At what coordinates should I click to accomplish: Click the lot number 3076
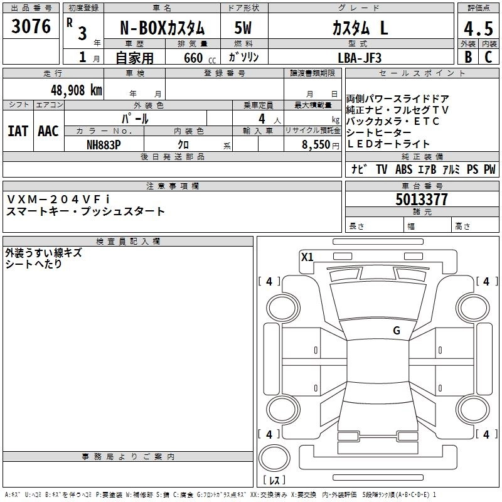31,26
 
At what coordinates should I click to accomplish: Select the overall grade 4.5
477,28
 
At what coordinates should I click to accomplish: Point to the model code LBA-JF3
360,57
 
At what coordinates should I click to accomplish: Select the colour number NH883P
104,144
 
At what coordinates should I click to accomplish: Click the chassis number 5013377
422,200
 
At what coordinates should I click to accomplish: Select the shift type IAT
18,131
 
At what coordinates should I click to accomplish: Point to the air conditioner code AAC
48,131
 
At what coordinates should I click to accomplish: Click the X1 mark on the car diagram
307,256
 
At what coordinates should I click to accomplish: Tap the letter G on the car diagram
396,331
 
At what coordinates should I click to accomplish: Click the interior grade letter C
488,57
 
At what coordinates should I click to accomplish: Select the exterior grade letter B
467,57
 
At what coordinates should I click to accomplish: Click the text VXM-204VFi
57,199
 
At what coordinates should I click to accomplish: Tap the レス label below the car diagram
275,481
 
